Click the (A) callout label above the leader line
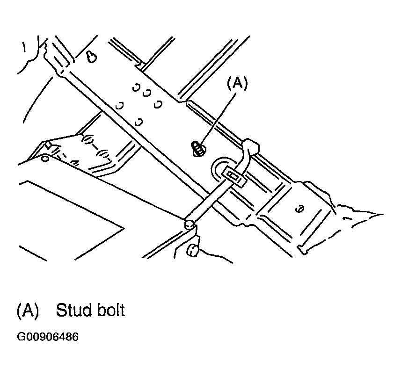(x=237, y=83)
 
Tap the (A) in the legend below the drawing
(x=28, y=311)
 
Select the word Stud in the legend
(x=74, y=310)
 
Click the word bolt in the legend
(x=111, y=310)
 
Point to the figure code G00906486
(x=48, y=337)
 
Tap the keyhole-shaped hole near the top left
(x=91, y=57)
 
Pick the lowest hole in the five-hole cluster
(x=139, y=122)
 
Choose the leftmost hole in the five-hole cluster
(x=120, y=105)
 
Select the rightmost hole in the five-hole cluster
(x=158, y=104)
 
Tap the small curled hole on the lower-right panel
(x=300, y=209)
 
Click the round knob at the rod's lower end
(x=190, y=224)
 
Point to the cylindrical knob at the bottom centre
(x=193, y=251)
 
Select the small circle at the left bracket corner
(x=45, y=159)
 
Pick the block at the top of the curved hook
(x=251, y=146)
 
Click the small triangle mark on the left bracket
(x=75, y=163)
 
